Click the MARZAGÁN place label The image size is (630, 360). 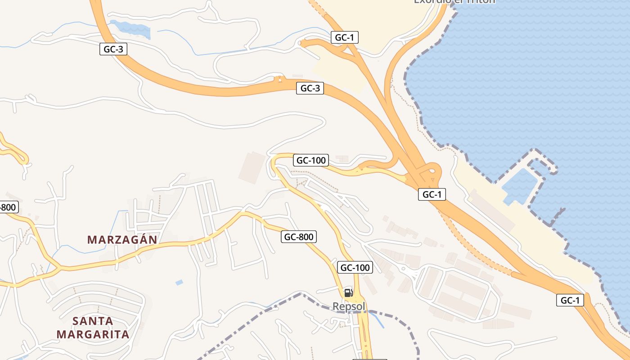click(122, 240)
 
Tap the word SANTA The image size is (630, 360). click(93, 321)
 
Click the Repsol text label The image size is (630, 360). click(349, 306)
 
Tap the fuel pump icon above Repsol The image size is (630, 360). click(348, 293)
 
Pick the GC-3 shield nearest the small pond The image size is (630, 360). click(113, 49)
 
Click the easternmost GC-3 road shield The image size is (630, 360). click(310, 88)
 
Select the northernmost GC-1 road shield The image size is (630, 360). click(345, 37)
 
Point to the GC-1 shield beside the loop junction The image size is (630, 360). click(432, 194)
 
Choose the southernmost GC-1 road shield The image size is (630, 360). click(570, 300)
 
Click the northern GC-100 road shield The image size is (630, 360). click(311, 160)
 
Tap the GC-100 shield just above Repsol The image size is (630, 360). click(355, 268)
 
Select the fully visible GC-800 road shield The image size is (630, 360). click(299, 237)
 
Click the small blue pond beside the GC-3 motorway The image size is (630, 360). click(132, 29)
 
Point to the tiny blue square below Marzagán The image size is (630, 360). click(179, 283)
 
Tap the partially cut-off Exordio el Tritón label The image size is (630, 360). click(454, 1)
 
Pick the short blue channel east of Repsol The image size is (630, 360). click(379, 320)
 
